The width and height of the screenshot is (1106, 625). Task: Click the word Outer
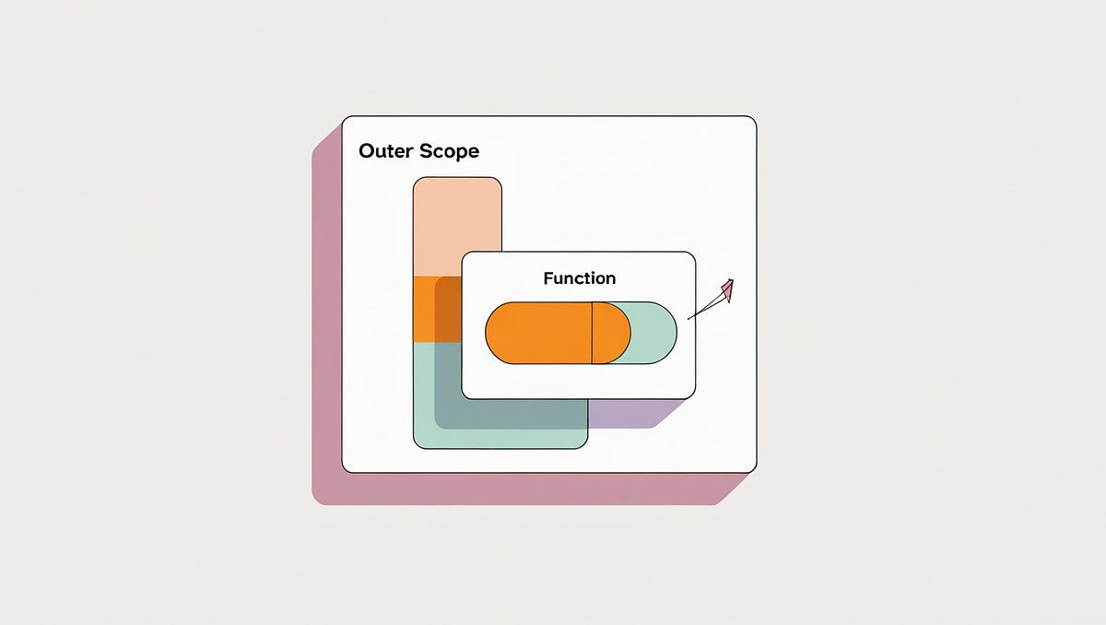[x=386, y=151]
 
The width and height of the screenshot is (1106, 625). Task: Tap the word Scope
[x=450, y=152]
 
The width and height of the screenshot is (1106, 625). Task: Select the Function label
[x=580, y=277]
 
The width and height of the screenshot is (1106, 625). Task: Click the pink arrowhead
[x=727, y=290]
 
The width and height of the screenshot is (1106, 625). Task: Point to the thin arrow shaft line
[x=705, y=310]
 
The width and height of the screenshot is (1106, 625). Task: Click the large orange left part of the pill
[x=538, y=333]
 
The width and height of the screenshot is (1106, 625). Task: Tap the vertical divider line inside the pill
[x=592, y=333]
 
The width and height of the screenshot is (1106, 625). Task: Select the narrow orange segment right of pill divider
[x=609, y=333]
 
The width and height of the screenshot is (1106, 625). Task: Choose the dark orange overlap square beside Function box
[x=448, y=309]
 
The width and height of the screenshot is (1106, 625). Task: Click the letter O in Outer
[x=366, y=151]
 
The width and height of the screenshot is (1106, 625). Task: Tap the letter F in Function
[x=547, y=277]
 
